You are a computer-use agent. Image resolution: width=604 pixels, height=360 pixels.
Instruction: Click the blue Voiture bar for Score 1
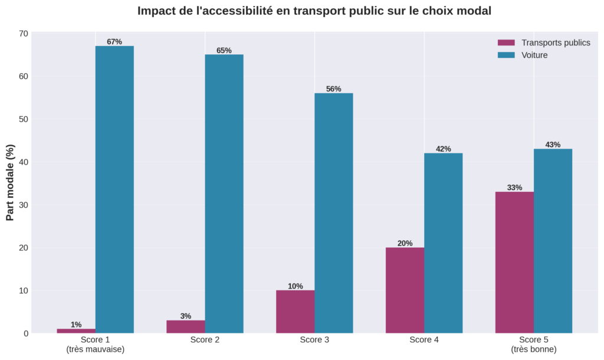(114, 189)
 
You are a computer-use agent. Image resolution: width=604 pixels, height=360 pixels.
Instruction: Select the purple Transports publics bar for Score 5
(514, 263)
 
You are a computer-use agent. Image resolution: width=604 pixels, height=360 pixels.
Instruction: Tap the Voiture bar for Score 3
(333, 213)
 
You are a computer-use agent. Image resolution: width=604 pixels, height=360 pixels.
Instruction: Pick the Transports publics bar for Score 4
(405, 290)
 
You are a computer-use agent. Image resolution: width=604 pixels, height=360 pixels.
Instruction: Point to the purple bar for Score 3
(295, 312)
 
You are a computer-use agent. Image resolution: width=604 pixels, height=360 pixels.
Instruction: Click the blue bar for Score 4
(443, 243)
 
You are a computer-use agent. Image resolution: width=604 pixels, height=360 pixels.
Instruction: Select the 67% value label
(114, 42)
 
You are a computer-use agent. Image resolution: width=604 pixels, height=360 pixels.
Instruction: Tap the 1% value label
(76, 325)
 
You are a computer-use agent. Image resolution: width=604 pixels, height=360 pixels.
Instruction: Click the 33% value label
(514, 188)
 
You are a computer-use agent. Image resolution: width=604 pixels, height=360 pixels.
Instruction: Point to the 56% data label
(333, 89)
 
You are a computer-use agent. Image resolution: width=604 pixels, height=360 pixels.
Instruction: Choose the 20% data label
(405, 243)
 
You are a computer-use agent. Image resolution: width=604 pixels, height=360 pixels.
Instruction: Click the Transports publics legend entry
(543, 43)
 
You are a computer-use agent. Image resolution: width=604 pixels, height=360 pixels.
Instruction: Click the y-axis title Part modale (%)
(10, 184)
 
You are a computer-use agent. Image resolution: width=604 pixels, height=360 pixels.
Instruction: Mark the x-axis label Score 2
(205, 341)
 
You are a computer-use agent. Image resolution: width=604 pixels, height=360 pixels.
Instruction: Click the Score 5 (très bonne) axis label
(533, 345)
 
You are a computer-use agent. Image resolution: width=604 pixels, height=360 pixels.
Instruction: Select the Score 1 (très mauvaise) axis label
(95, 345)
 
